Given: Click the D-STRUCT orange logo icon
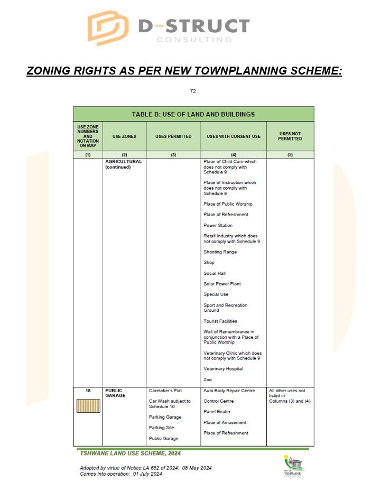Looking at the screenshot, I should click(108, 27).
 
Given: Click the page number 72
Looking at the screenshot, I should click(193, 91).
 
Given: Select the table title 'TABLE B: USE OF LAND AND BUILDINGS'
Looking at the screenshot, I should click(193, 114).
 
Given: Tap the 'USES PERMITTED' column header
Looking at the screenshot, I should click(173, 136).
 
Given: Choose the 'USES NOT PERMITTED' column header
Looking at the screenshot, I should click(290, 136).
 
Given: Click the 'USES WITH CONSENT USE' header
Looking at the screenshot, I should click(234, 136).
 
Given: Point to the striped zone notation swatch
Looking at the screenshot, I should click(88, 406).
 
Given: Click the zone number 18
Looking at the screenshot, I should click(88, 391).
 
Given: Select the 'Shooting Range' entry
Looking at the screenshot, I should click(220, 252).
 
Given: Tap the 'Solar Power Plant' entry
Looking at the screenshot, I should click(222, 284).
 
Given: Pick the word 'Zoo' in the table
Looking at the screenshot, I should click(208, 380).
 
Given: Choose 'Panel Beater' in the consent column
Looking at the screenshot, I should click(217, 412).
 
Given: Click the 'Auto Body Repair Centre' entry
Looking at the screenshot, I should click(229, 391).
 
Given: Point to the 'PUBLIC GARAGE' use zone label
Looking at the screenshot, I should click(116, 393).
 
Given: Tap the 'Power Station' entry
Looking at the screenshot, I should click(218, 226).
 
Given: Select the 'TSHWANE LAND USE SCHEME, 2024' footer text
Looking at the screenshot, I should click(129, 453).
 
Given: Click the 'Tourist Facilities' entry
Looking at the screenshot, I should click(220, 321).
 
